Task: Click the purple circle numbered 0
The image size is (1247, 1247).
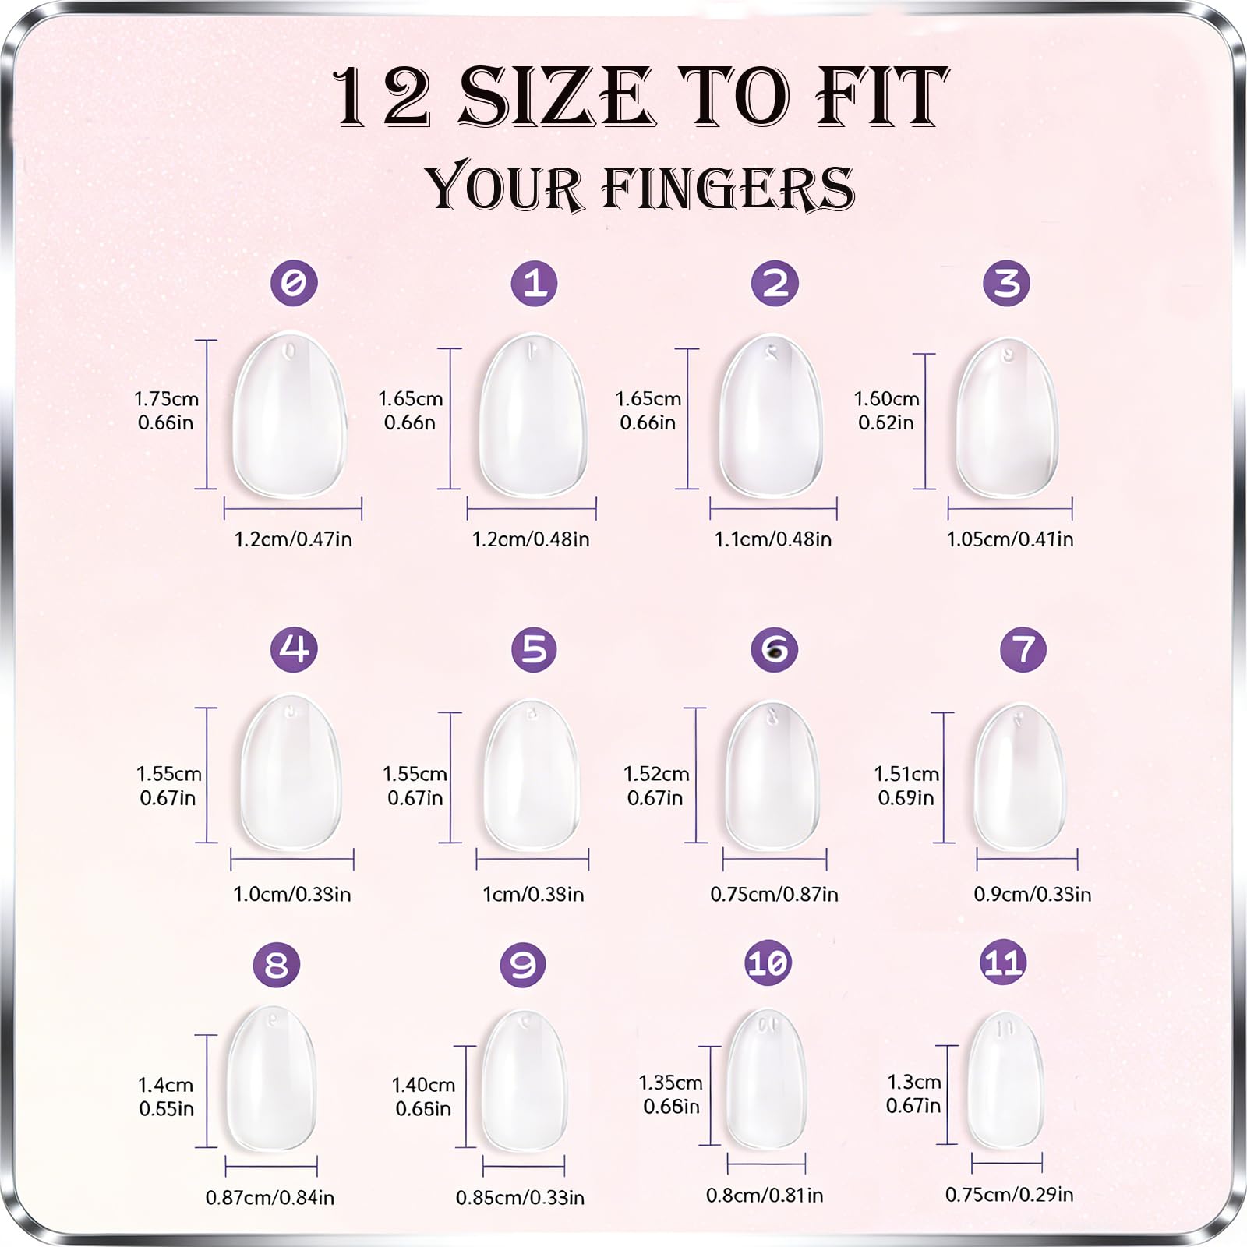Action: (294, 282)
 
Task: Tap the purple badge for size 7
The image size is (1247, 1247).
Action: (1023, 649)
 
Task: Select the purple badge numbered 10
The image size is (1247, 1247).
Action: (768, 963)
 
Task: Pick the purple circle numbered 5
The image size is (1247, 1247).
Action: (534, 649)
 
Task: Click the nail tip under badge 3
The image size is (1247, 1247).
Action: (1007, 417)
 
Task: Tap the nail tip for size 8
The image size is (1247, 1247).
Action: (271, 1078)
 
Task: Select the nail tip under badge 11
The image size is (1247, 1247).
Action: (1005, 1079)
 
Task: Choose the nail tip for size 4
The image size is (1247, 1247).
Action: (291, 772)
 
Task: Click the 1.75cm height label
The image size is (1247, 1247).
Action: (167, 399)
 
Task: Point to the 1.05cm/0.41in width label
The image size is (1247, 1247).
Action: (1010, 539)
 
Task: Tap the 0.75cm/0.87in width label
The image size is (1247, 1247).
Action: (774, 895)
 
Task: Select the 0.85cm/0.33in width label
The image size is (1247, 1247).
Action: (520, 1198)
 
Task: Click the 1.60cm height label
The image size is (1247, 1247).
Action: (887, 399)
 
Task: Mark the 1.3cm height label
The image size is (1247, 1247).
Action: (914, 1083)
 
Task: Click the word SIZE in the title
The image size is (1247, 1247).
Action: (556, 97)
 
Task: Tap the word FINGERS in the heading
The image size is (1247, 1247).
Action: (729, 189)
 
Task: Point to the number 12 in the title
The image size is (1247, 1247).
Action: (382, 97)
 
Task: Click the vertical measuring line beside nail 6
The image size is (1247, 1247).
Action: (695, 775)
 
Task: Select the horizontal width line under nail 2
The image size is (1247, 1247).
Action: (773, 509)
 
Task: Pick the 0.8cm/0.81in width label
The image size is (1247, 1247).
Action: (765, 1196)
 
